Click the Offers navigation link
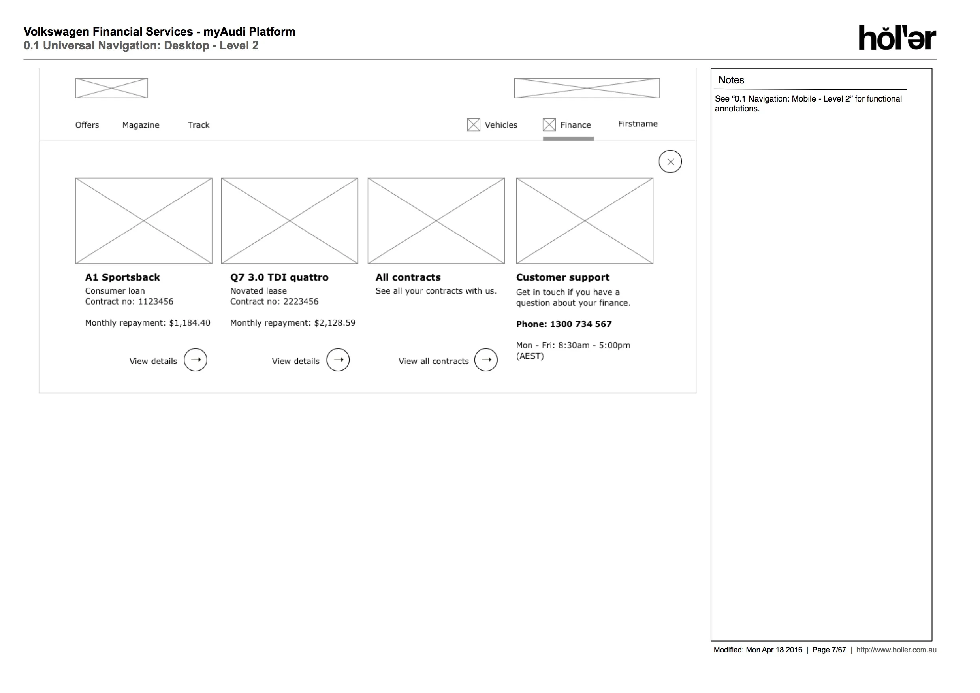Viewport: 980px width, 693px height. [87, 125]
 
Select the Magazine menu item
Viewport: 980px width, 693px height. [141, 125]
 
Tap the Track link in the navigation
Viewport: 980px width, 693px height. [198, 125]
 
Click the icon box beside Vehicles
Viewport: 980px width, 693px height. [473, 125]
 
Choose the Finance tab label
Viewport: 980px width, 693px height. [576, 125]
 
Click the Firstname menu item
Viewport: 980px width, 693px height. [638, 124]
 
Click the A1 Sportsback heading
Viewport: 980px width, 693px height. [122, 277]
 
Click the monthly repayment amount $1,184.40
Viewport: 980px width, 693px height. [190, 323]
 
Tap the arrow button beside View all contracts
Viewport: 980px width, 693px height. [486, 360]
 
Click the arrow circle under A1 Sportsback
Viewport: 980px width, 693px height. [196, 360]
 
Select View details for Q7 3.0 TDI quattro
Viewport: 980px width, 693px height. [296, 361]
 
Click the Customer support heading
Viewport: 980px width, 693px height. [562, 277]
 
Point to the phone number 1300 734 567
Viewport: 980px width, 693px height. [581, 324]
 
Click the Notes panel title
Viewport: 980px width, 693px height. [731, 80]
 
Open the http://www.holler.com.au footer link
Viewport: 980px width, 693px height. [896, 650]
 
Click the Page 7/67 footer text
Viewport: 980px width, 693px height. [829, 650]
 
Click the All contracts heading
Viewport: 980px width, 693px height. [408, 277]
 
